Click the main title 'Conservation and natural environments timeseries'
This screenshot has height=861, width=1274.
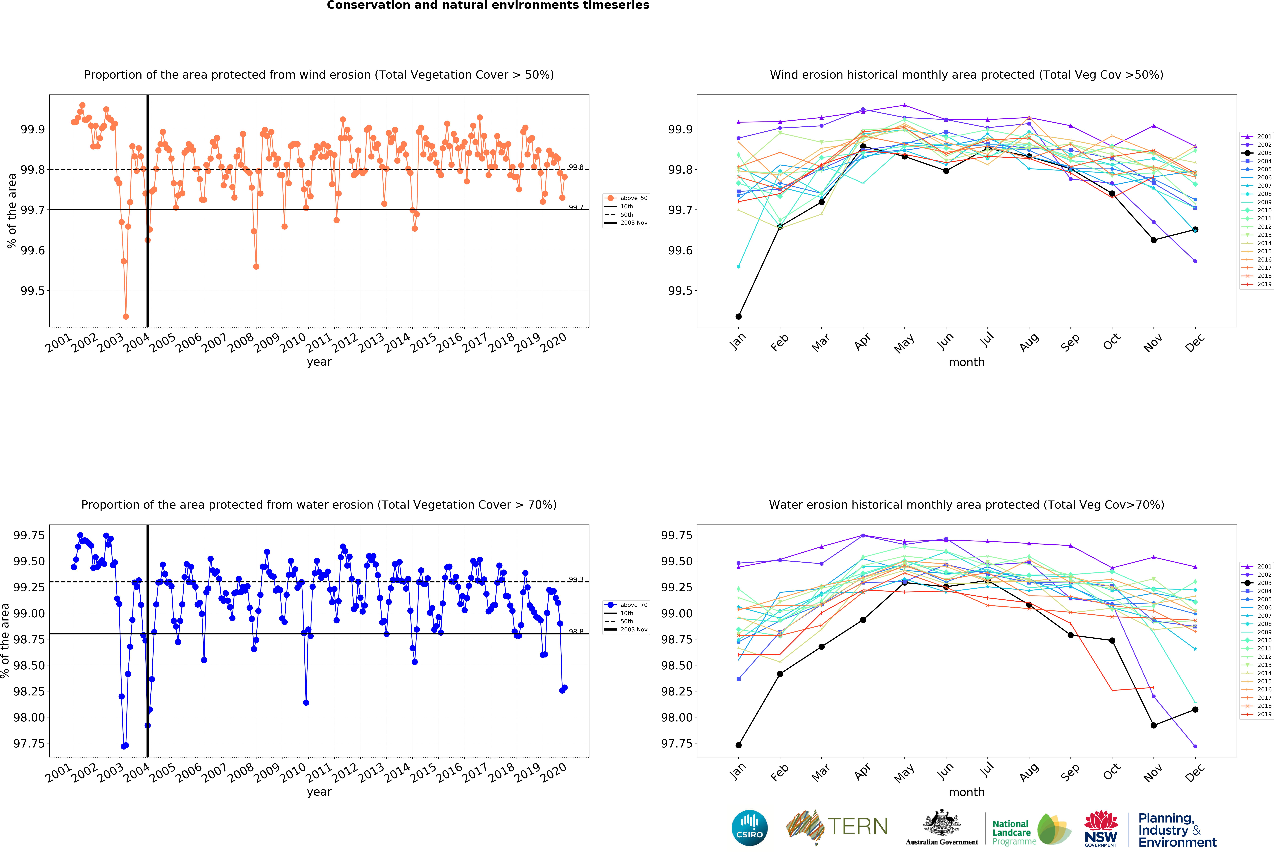tap(488, 6)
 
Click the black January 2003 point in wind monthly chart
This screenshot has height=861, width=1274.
tap(738, 316)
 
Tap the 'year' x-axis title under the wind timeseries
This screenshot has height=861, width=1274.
tap(319, 362)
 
